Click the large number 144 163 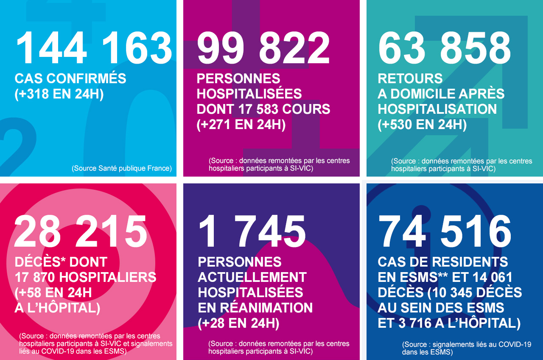pos(94,48)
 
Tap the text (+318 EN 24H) pos(59,94)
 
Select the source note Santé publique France pos(122,168)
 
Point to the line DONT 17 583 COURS pos(263,109)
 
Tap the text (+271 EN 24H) pos(241,125)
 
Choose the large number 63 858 pos(445,48)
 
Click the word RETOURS pos(410,79)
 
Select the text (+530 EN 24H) pos(422,125)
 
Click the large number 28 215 pos(81,231)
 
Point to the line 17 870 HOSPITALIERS pos(85,277)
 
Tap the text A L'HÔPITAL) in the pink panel pos(57,308)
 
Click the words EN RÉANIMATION pos(255,308)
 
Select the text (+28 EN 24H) pos(238,323)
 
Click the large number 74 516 pos(445,231)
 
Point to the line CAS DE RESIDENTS pos(443,262)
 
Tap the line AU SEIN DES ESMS pos(441,308)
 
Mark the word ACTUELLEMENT pos(252,277)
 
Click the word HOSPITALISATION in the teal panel pos(437,109)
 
